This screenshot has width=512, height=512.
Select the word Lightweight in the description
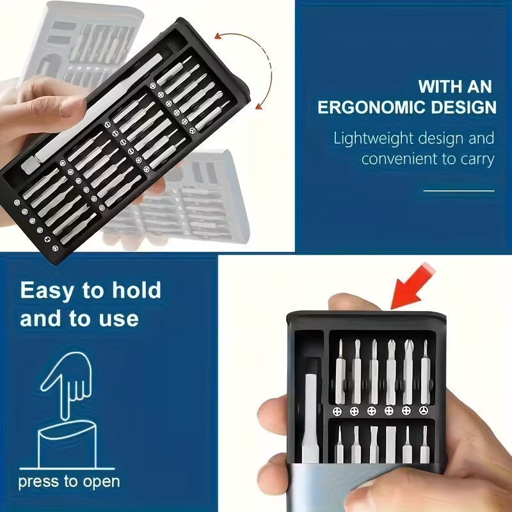373,139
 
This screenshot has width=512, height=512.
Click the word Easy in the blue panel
45,291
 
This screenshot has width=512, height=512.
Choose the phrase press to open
69,482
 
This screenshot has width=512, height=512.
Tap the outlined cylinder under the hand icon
67,445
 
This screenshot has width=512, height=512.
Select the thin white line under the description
459,191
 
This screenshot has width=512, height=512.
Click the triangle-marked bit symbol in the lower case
424,411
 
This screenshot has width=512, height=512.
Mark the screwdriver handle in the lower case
310,419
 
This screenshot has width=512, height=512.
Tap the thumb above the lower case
353,302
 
